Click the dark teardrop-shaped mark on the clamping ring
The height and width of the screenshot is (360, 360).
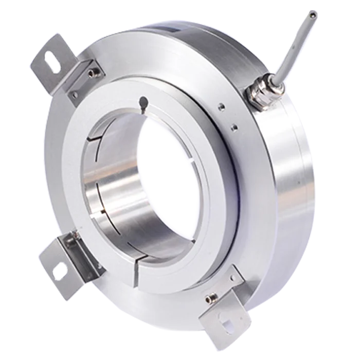(x=144, y=102)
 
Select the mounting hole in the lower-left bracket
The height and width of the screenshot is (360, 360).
(x=59, y=267)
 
